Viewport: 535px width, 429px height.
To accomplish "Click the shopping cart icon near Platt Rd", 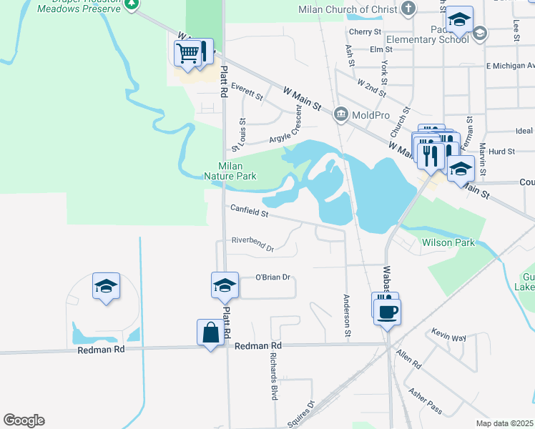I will point(187,52).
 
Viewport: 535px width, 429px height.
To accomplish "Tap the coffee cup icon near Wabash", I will point(387,312).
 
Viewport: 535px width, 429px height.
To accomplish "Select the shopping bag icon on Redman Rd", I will point(211,332).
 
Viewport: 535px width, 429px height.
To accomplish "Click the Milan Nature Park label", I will point(230,170).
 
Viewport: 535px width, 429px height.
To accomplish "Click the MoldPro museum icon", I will point(341,114).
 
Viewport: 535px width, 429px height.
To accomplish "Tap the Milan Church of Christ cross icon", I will point(408,9).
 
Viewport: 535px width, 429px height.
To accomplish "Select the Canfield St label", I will point(249,211).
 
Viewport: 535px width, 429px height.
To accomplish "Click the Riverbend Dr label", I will point(252,245).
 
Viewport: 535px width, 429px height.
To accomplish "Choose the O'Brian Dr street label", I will point(273,277).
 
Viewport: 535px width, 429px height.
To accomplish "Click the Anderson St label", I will point(347,316).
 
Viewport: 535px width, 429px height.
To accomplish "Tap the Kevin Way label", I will point(448,336).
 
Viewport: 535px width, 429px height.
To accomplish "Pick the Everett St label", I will point(247,91).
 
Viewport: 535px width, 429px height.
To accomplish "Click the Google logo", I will point(24,420).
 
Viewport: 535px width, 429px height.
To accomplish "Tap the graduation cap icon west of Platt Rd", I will point(106,287).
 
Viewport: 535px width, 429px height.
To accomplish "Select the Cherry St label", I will point(365,31).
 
